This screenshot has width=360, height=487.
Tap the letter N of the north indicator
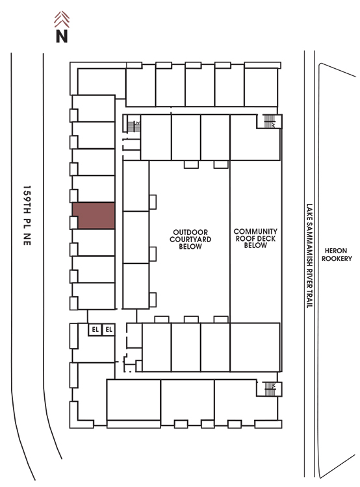pos(62,36)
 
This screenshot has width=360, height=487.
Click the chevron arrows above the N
pos(62,19)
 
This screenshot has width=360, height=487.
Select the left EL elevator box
pos(95,329)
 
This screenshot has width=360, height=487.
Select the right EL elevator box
pos(109,329)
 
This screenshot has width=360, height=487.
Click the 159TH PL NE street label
pos(27,216)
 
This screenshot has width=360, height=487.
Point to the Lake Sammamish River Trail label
pos(309,256)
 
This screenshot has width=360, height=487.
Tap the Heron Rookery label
pos(337,255)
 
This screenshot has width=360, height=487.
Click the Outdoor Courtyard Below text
pos(190,239)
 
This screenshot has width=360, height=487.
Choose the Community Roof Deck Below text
pos(255,238)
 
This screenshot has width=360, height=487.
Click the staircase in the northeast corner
pos(269,121)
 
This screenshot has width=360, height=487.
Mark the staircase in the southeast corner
pos(270,389)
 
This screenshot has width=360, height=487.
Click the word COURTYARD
pos(190,239)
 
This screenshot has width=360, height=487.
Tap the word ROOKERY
pos(337,258)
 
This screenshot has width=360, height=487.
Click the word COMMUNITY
pos(255,231)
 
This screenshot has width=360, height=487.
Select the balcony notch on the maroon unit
pos(73,222)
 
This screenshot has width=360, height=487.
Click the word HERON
pos(336,251)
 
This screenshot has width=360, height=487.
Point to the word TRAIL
pos(309,298)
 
